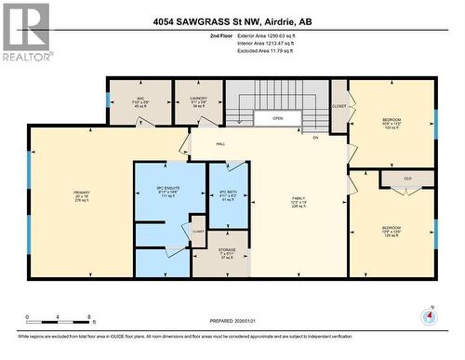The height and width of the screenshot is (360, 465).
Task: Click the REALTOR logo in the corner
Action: point(26,33)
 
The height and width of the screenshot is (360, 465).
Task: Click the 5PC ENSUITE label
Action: point(167,190)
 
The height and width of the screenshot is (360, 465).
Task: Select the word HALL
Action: point(221,143)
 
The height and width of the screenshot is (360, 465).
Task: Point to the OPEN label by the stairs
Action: point(277,119)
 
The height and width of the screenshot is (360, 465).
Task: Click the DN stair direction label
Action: point(315,138)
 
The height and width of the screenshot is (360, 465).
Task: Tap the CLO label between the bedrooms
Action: point(406,179)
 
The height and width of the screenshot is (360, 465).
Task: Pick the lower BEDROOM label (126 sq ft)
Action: point(391,227)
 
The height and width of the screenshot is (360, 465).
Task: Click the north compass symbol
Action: point(429,316)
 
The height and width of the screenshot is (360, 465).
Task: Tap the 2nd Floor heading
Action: point(223,35)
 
